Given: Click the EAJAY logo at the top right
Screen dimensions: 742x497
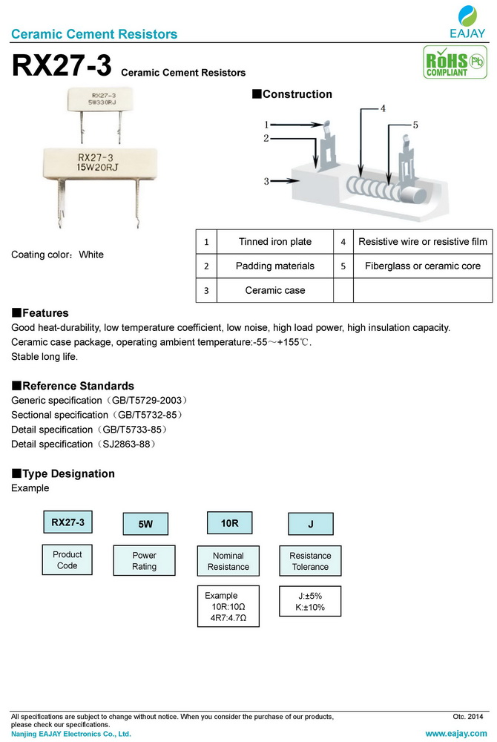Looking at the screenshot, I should [x=467, y=22].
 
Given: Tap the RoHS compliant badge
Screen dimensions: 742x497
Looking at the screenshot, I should [x=446, y=62].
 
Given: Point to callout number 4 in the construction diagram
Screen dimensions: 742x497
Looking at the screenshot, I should [x=383, y=109].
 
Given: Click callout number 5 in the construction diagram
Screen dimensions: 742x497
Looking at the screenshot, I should [x=415, y=125].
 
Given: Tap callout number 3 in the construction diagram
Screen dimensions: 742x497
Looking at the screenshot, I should [x=266, y=180].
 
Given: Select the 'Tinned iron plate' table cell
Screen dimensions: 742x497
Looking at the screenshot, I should [x=274, y=242].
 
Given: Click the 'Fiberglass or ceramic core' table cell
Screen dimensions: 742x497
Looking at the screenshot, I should [x=423, y=266].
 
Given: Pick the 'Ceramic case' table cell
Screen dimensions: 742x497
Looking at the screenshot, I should [x=274, y=290].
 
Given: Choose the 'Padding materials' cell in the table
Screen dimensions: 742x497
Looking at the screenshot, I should [x=274, y=266].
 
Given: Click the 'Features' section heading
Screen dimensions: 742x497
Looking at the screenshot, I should [x=45, y=313].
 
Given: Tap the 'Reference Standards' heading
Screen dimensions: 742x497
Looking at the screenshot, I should [x=78, y=386].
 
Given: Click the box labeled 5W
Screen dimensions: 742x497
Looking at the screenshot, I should [x=145, y=524].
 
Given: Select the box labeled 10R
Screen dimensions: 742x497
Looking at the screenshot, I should [x=229, y=523].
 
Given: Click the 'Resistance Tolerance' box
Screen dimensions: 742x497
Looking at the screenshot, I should [x=310, y=561].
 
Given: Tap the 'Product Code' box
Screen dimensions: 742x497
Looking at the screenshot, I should [x=68, y=560].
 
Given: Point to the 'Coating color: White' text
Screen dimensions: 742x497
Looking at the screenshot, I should [x=58, y=255].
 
